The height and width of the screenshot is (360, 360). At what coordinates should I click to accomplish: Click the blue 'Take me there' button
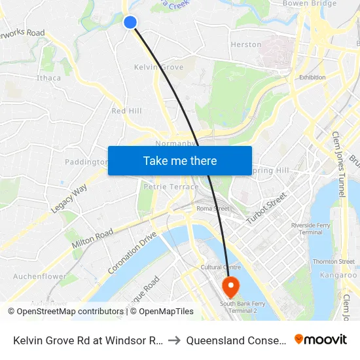[180, 160]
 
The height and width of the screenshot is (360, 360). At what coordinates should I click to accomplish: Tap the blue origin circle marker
[130, 22]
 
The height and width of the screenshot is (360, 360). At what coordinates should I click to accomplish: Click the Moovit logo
[321, 340]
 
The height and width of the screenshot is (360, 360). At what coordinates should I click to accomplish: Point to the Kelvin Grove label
[158, 67]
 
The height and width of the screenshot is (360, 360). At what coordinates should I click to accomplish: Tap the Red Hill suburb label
[126, 111]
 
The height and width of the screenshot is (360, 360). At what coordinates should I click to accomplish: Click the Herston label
[246, 45]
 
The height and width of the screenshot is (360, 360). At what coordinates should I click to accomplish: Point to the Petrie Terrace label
[171, 187]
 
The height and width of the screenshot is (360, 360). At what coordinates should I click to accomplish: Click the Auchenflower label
[39, 276]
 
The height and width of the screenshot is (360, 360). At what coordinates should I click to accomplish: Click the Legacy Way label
[69, 199]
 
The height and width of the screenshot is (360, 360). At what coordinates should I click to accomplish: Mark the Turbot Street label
[266, 209]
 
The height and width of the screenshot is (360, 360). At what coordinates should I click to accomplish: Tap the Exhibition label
[312, 77]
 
